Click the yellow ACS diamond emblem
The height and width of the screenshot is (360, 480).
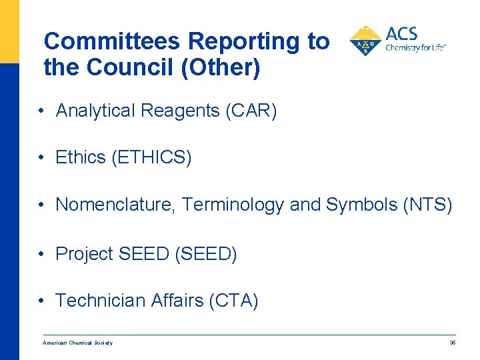tap(365, 41)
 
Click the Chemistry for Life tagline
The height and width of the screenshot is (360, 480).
tap(415, 48)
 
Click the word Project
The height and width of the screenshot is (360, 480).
tap(84, 254)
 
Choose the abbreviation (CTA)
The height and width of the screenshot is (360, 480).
tap(233, 301)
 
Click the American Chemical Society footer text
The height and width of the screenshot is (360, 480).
tap(77, 343)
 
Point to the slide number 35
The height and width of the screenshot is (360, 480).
tap(453, 343)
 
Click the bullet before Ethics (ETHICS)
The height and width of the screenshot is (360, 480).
tap(41, 158)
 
